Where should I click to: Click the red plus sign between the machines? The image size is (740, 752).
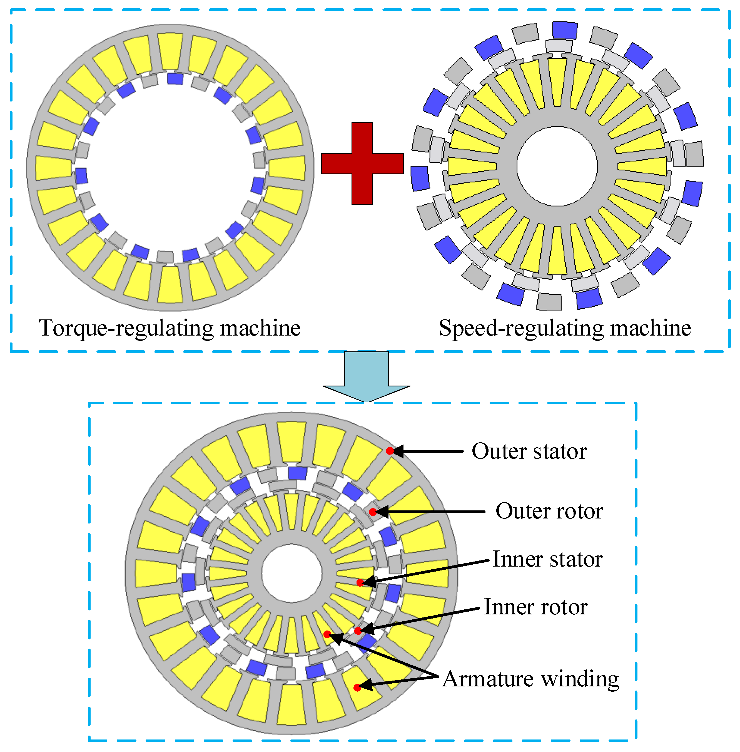(x=362, y=164)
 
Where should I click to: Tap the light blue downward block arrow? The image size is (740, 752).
(x=366, y=375)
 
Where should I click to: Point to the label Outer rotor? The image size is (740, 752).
(x=549, y=511)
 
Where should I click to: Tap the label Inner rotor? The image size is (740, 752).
(x=535, y=607)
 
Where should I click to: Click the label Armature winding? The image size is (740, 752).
(x=530, y=679)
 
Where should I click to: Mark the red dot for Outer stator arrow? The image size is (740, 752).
(x=390, y=451)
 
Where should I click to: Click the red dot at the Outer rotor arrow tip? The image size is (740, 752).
(x=373, y=512)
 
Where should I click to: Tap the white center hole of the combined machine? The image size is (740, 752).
(x=291, y=574)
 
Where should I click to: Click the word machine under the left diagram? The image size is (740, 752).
(x=260, y=328)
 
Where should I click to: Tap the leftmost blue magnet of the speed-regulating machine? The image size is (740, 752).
(x=420, y=178)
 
